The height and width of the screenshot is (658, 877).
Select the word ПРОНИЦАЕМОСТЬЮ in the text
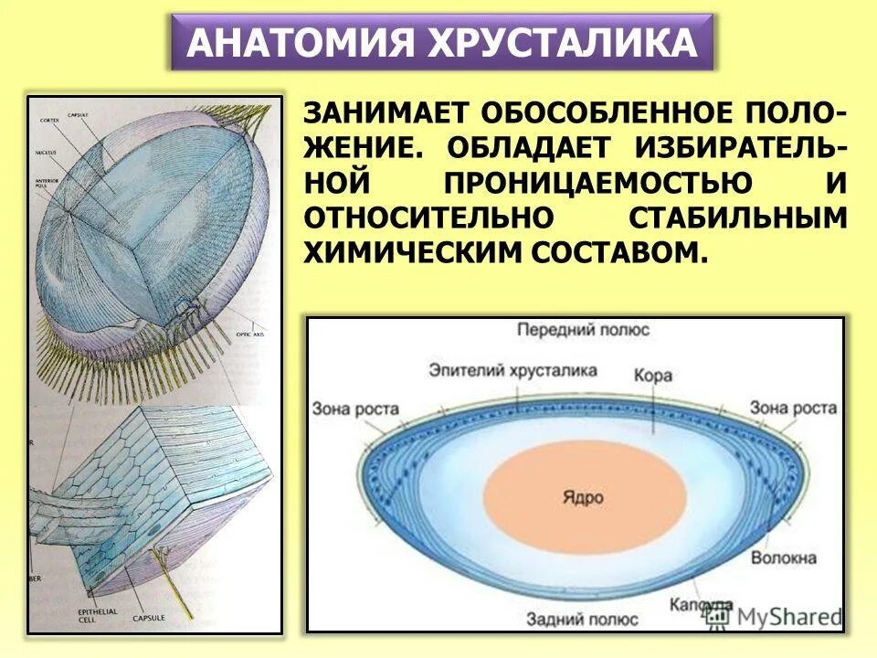[599, 183]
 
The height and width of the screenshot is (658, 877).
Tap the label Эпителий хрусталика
[512, 370]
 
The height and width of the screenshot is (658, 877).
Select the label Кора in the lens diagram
[652, 377]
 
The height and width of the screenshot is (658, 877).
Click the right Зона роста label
[793, 408]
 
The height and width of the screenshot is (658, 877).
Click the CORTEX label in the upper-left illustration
[50, 121]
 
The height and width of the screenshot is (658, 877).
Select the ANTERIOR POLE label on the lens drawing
[48, 183]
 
